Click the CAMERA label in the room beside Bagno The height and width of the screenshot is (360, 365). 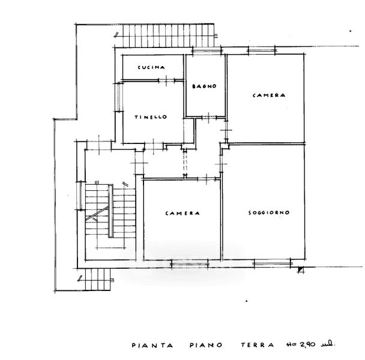click(268, 95)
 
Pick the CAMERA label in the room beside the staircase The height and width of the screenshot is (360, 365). click(182, 213)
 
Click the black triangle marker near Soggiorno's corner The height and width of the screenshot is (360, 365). click(300, 269)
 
